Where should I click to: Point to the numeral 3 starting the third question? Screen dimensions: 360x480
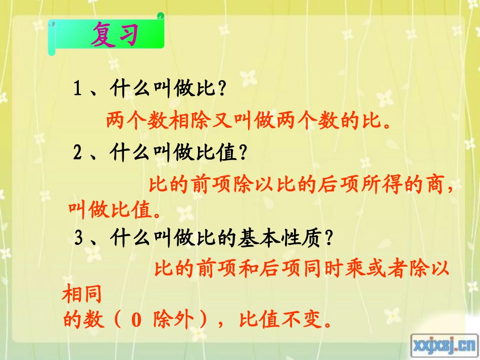point(78,239)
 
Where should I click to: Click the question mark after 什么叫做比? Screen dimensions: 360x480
point(220,90)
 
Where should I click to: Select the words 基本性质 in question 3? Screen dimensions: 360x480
point(279,239)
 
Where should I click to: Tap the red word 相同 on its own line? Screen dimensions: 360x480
point(82,294)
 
